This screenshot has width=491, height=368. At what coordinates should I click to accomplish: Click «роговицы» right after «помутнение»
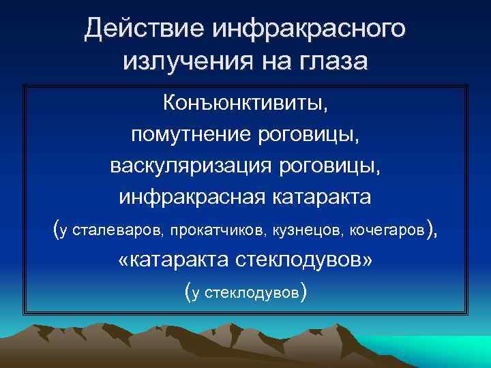[314, 134]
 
